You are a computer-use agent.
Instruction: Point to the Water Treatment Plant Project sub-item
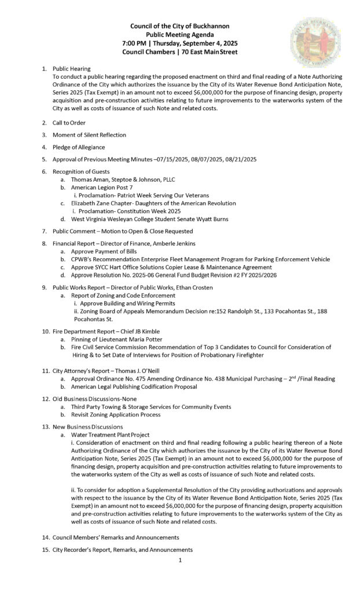(110, 434)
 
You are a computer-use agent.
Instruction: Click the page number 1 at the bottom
(180, 561)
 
